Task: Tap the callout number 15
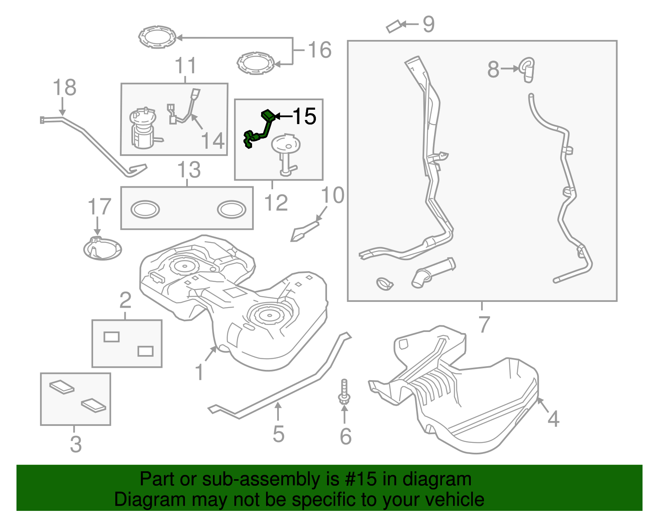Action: [304, 116]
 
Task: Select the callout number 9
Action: [428, 25]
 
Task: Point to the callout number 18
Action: [65, 87]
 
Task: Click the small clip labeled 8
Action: [528, 69]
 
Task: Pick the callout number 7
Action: [484, 324]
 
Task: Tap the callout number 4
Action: [553, 419]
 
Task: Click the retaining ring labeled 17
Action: [102, 249]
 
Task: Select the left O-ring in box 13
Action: [145, 209]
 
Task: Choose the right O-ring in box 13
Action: [231, 209]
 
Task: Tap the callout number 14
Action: [213, 141]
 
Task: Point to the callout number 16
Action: [320, 50]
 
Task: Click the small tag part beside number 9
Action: [393, 26]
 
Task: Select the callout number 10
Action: [332, 195]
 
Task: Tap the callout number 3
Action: [75, 444]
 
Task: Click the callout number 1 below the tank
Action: [199, 372]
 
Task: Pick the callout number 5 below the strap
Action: [278, 434]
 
